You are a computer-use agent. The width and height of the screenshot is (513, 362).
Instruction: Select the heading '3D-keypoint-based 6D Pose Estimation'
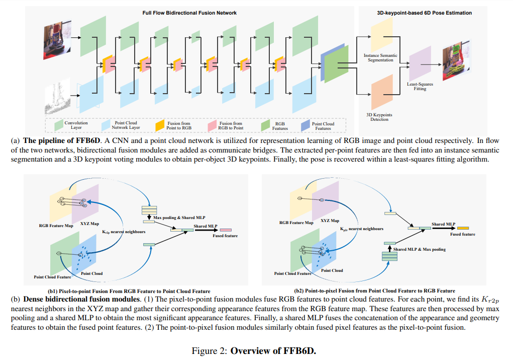pos(424,13)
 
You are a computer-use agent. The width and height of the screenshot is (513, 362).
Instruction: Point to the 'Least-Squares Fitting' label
pos(420,86)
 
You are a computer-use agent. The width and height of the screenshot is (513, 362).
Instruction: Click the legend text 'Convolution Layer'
pos(76,125)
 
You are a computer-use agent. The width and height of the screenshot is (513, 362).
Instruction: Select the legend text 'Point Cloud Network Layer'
pos(126,125)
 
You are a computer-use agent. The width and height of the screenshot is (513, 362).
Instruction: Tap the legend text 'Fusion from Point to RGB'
pos(179,125)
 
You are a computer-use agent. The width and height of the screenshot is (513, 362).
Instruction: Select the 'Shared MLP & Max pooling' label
pos(419,249)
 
